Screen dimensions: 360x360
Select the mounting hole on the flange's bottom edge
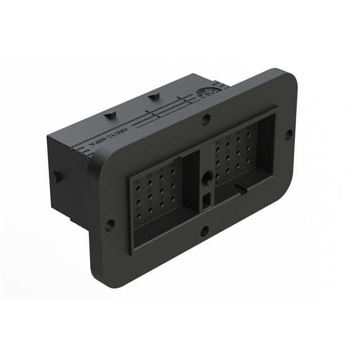pos(204,229)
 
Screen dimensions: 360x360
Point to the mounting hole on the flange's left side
pos(110,224)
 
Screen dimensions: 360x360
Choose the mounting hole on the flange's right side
pos(289,134)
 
